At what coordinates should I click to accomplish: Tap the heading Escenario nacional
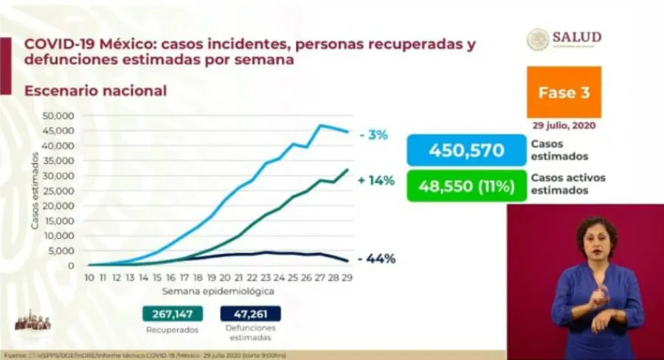(95, 91)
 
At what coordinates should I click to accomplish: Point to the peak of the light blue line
(320, 125)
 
